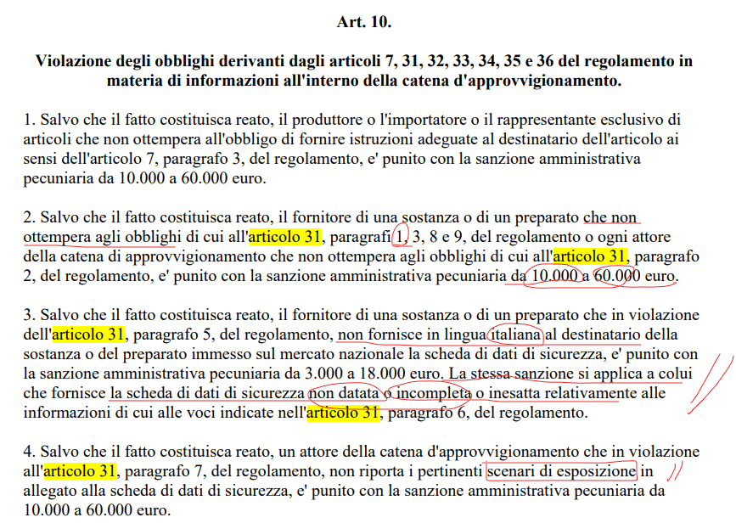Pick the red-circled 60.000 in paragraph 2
[615, 275]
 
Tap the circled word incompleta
[434, 394]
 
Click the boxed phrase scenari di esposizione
[561, 471]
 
